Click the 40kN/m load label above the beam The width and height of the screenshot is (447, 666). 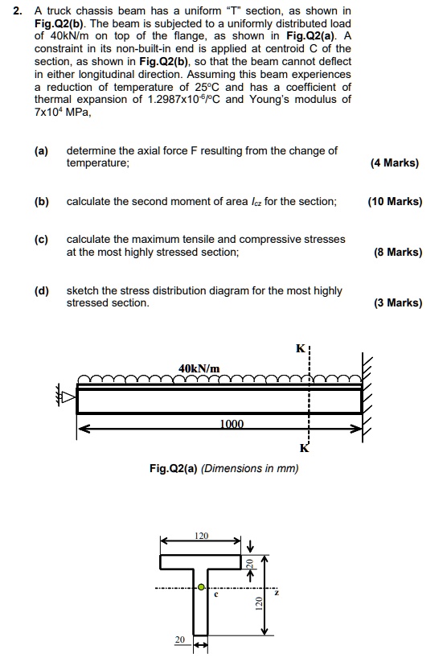[199, 368]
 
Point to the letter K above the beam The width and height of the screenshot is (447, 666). [301, 349]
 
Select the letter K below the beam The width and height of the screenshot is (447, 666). [303, 448]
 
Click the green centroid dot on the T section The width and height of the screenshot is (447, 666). [202, 587]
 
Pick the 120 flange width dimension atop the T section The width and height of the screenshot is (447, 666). [201, 534]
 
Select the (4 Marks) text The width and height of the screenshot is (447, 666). [395, 162]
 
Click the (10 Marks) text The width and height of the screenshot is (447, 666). [395, 201]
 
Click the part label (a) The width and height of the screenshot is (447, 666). [41, 150]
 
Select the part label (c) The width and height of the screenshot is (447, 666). [41, 240]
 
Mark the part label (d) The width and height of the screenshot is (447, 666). [41, 290]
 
